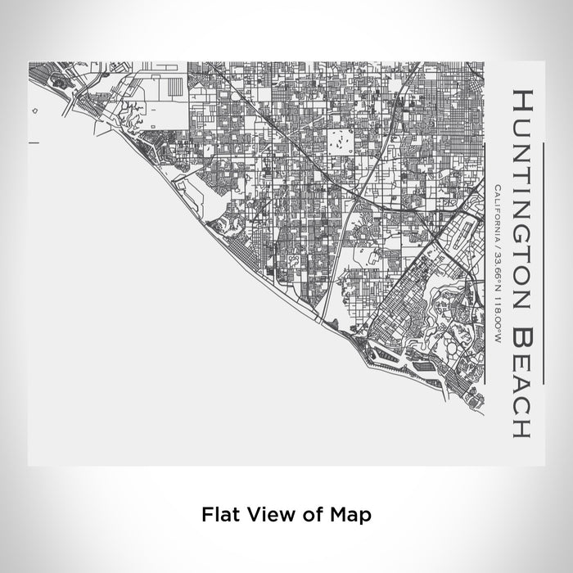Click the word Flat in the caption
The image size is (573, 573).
(x=219, y=515)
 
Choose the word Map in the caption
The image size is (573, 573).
(x=350, y=515)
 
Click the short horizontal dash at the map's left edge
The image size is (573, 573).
(x=34, y=143)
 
